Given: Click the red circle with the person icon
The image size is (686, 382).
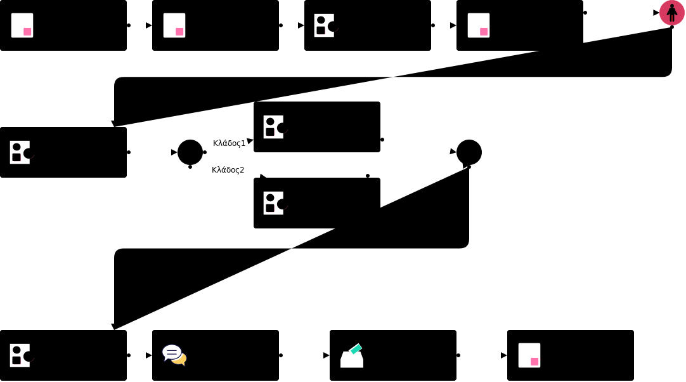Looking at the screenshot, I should coord(671,13).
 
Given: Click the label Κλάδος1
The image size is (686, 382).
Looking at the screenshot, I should coord(229,143).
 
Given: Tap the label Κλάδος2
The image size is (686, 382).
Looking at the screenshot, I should coord(228,170).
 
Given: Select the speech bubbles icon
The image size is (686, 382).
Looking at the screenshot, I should coord(174,355).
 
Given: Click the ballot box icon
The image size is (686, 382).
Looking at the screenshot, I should coord(352,357).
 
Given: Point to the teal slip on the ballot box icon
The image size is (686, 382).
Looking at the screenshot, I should coord(356,348).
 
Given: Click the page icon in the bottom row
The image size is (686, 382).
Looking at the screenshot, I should coord(529,355).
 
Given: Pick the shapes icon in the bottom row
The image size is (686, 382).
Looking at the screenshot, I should coord(21,355).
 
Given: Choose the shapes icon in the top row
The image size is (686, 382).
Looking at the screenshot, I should coord(325,25).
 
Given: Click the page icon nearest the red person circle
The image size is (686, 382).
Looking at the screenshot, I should coord(479,25).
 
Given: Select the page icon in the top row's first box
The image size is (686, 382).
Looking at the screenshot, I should coord(22,25).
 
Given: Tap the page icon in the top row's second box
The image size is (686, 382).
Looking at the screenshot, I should coord(174,25).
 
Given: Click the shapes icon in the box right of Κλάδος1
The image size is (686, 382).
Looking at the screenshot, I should coord(275,127).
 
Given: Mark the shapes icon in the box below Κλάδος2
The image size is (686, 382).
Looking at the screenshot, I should coord(275,203).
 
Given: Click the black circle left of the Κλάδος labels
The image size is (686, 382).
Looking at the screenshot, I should coord(190,152).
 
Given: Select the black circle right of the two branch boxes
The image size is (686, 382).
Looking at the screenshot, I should coord(469,152).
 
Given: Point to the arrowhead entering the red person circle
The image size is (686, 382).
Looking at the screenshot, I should coord(656,13).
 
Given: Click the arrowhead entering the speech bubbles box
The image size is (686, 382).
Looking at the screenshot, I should coord(149,355).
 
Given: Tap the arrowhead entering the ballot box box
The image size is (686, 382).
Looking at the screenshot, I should coord(327,355).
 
